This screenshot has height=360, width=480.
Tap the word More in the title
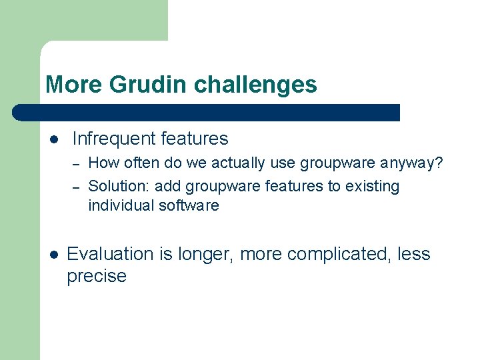73,85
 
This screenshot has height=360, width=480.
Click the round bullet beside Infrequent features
54,139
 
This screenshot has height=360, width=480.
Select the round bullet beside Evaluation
54,255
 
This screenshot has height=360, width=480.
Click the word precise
97,276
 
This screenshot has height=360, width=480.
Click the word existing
371,187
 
